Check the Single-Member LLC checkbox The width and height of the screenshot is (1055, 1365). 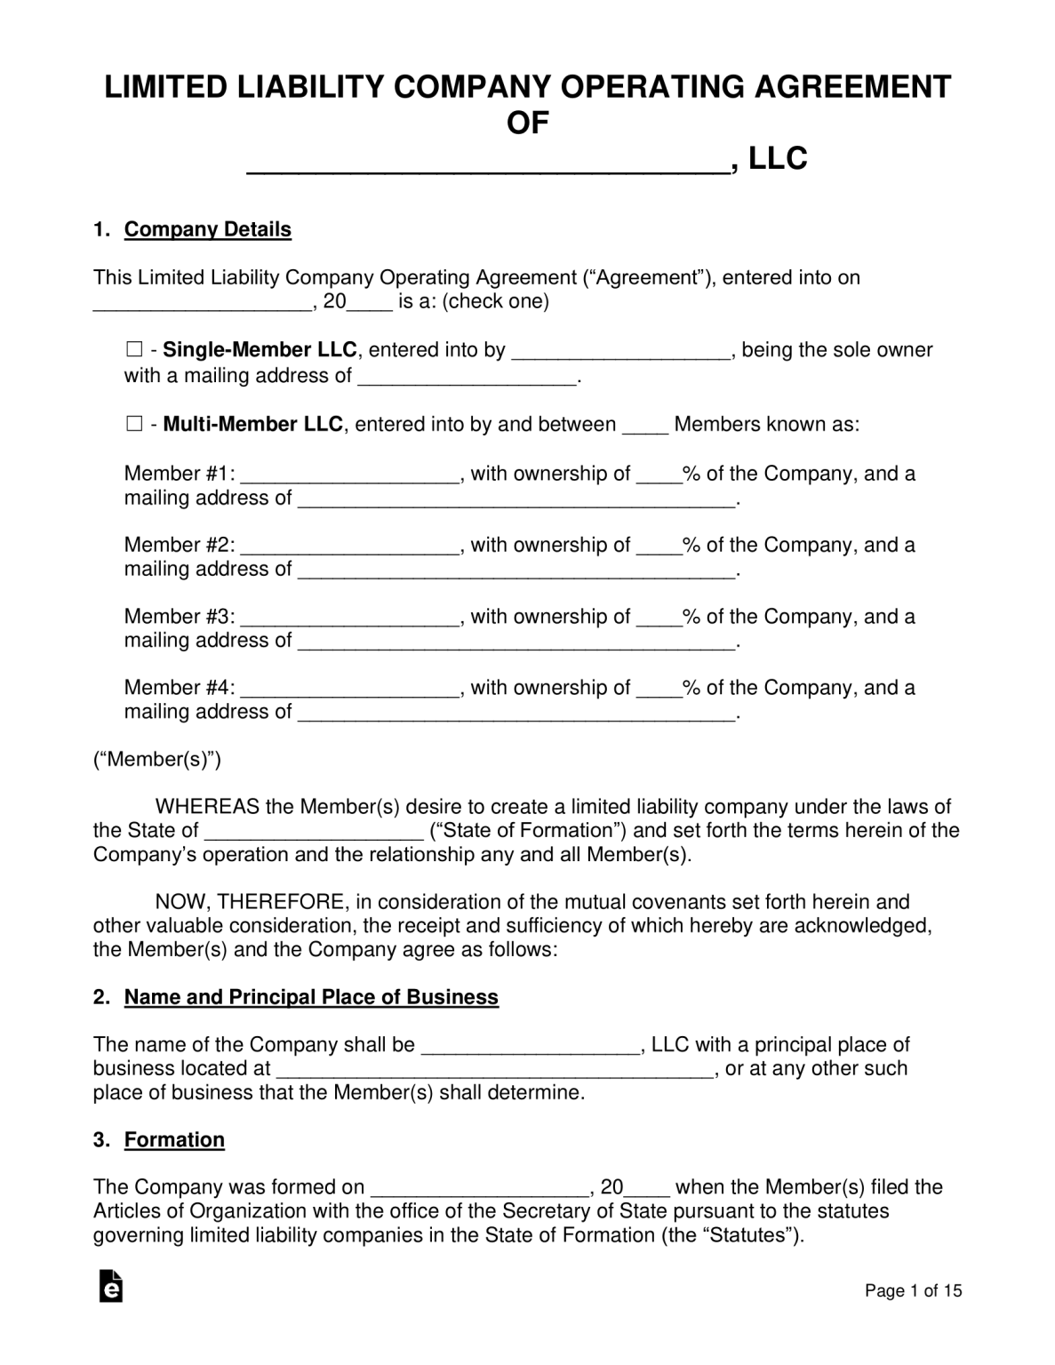coord(134,350)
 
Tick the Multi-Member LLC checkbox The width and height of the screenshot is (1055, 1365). coord(134,425)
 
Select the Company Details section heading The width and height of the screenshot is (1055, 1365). coord(207,229)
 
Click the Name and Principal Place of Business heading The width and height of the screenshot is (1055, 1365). coord(311,997)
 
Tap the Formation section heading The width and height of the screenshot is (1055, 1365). coord(174,1139)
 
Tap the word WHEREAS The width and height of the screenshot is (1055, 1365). coord(207,807)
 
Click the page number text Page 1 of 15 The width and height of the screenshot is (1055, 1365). coord(914,1291)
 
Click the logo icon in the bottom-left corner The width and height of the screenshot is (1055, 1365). coord(110,1286)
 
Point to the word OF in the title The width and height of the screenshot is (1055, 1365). coord(528,123)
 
